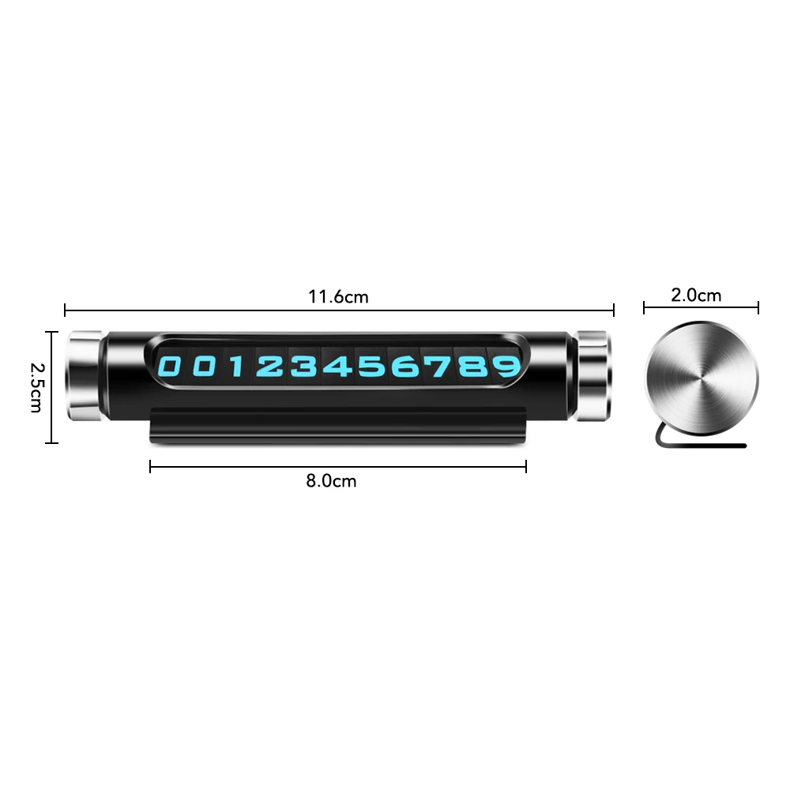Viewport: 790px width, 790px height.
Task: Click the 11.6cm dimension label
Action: [x=338, y=297]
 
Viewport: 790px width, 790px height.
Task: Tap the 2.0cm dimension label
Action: [x=696, y=295]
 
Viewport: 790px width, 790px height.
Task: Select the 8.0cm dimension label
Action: [x=331, y=480]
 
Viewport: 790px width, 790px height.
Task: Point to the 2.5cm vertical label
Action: [x=36, y=387]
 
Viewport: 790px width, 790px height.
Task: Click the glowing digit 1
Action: [x=236, y=367]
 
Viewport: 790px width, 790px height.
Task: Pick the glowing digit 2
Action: [x=269, y=367]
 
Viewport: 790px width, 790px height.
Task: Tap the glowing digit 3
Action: [x=304, y=367]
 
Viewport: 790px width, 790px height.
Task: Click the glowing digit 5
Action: [x=371, y=367]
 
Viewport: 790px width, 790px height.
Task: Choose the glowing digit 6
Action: [x=405, y=367]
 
